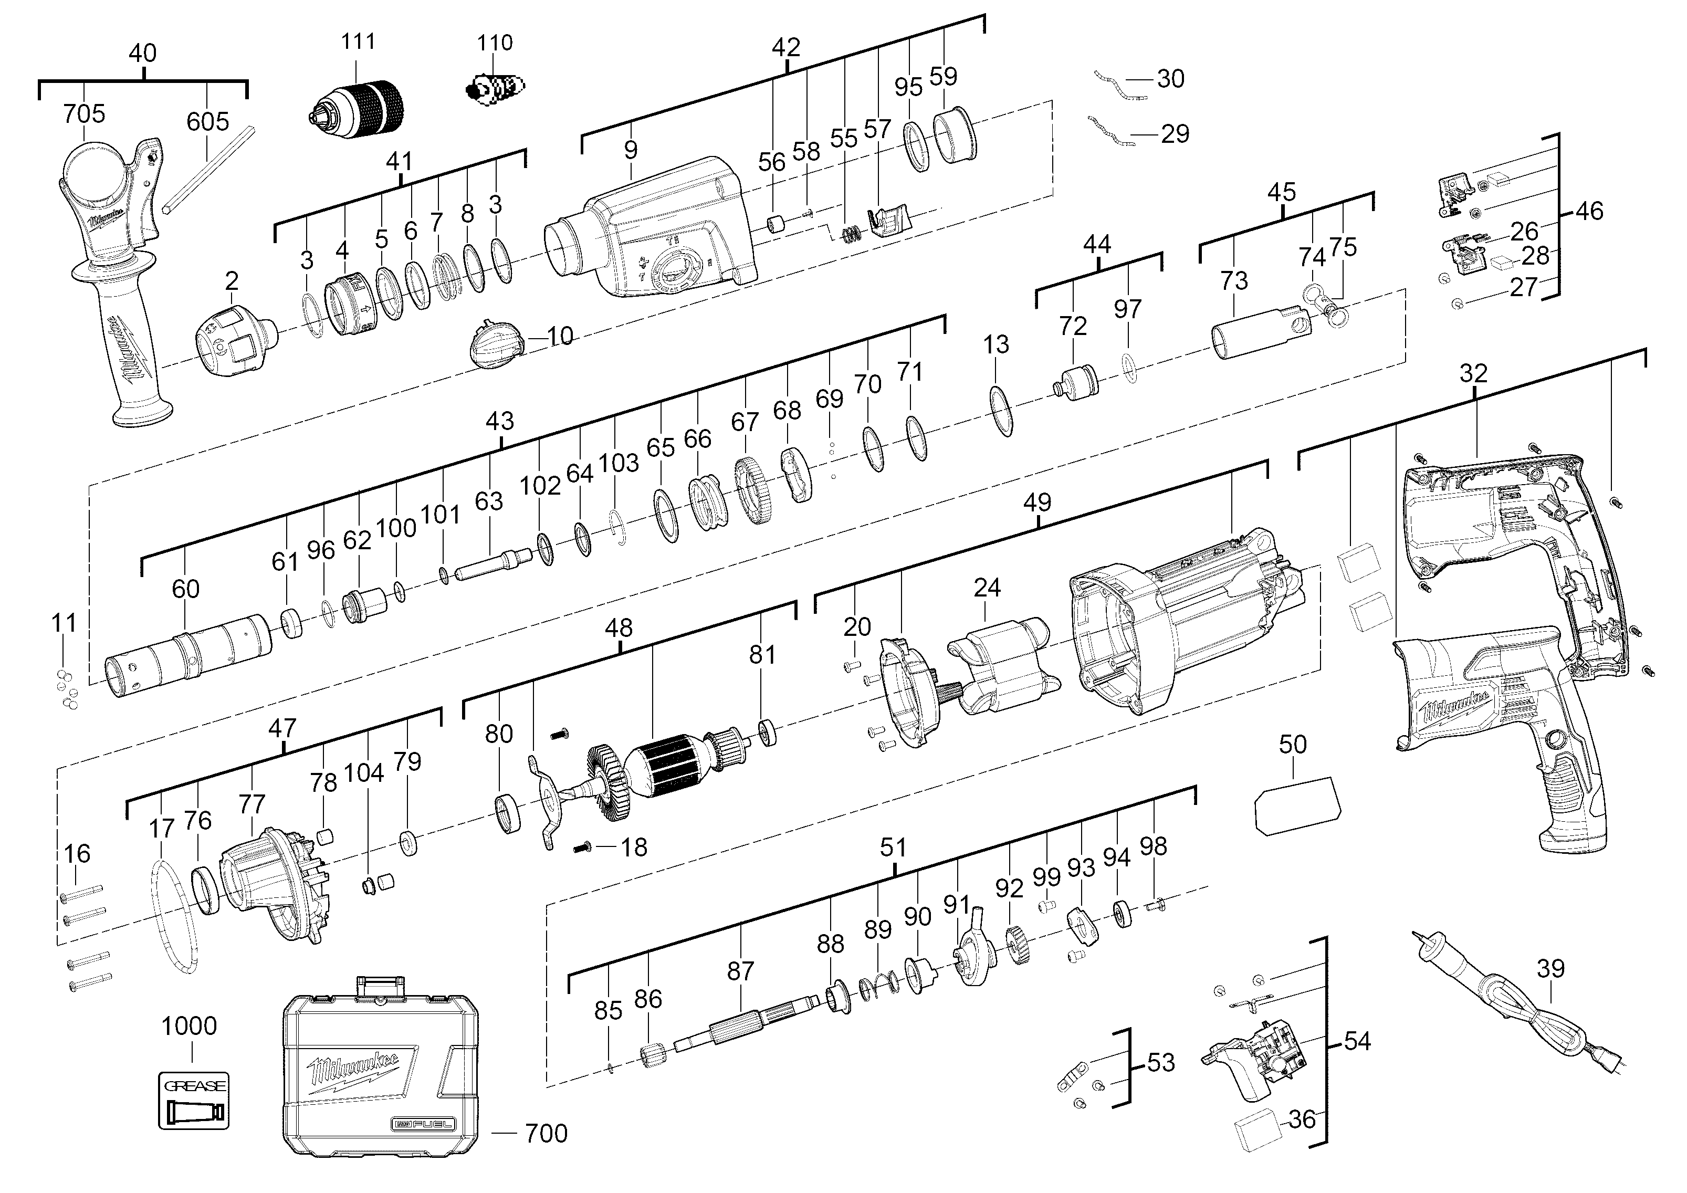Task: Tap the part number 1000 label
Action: (x=189, y=1025)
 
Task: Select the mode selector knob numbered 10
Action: (x=497, y=343)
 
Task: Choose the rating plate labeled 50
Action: (x=1297, y=804)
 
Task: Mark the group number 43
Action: (x=500, y=421)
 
